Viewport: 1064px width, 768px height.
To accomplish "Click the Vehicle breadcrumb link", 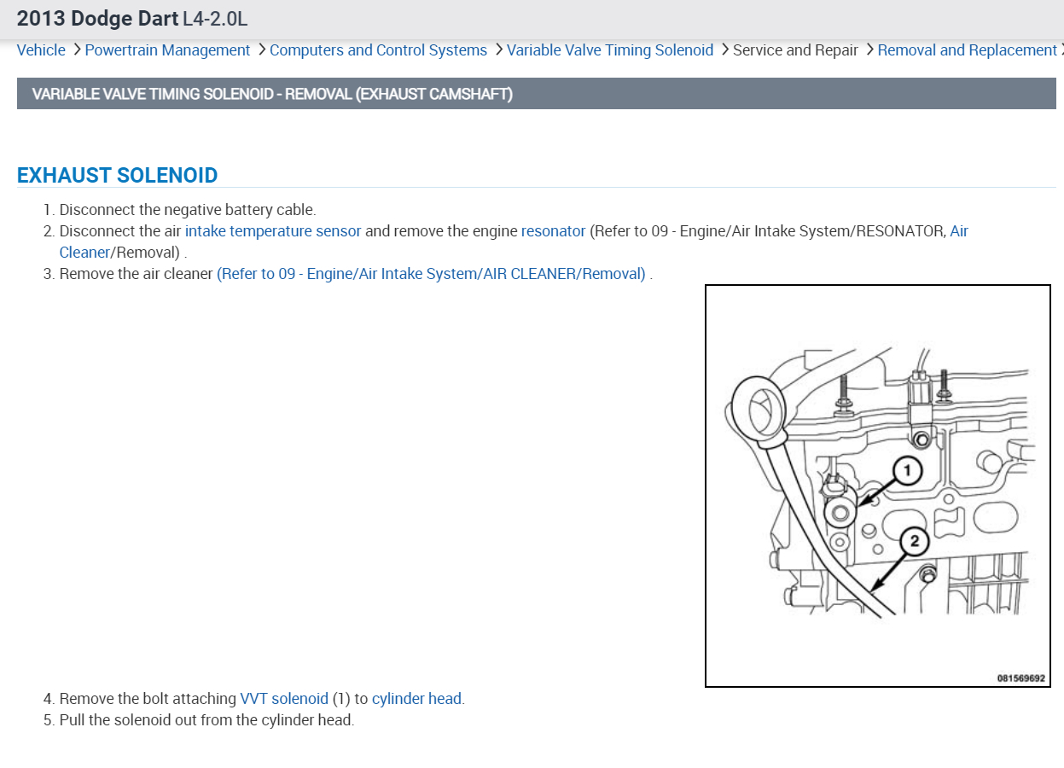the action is tap(41, 50).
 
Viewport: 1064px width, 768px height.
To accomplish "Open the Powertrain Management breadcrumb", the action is tap(167, 50).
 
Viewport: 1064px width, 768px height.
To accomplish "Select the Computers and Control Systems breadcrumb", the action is tap(378, 50).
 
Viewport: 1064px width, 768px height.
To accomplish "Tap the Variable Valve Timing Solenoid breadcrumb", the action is tap(609, 50).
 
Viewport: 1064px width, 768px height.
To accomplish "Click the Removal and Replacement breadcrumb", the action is tap(967, 50).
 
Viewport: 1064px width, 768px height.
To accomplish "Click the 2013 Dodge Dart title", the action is tap(96, 18).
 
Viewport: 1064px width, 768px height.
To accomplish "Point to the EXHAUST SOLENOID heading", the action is tap(117, 175).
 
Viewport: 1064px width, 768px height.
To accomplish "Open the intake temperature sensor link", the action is tap(273, 231).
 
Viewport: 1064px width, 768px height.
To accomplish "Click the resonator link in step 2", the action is tap(553, 231).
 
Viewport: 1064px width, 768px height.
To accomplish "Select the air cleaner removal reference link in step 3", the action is tap(431, 274).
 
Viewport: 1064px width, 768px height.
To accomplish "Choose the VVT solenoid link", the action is tap(284, 699).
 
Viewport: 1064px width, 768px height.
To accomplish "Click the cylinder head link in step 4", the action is tap(417, 699).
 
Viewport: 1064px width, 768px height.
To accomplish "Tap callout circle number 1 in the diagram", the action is tap(908, 470).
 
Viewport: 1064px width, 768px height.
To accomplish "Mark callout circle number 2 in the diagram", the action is tap(915, 540).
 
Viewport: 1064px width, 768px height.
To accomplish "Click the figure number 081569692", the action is tap(1020, 678).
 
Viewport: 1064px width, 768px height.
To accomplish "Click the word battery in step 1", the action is tap(248, 210).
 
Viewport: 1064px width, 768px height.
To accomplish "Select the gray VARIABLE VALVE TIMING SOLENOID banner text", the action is tap(272, 94).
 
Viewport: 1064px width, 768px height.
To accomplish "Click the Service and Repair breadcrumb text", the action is tap(795, 50).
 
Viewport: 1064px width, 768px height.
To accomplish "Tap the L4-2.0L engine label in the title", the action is tap(215, 18).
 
